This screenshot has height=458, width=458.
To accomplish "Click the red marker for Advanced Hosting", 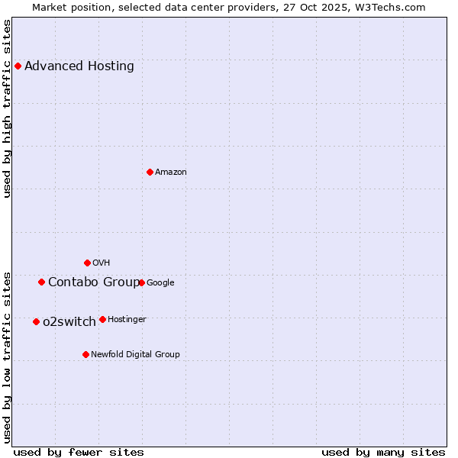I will click(18, 66).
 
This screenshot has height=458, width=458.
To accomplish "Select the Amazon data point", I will click(150, 172).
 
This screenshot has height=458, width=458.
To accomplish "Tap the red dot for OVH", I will click(87, 263).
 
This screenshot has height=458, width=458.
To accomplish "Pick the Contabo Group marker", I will click(41, 282).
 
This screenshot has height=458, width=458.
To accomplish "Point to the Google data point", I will click(141, 282).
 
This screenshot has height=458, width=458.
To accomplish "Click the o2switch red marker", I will click(36, 321).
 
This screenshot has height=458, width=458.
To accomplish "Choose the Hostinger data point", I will click(102, 319).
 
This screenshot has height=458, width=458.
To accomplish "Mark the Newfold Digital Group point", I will click(85, 354).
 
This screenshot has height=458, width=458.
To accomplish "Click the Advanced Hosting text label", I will click(79, 66).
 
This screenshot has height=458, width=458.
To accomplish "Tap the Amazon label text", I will click(171, 172).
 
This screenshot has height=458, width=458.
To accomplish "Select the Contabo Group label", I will click(94, 282).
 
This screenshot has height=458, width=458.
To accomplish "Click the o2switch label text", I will click(69, 321).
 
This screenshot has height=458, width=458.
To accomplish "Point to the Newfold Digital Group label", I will click(135, 354).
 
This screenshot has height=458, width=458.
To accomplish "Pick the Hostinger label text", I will click(127, 319).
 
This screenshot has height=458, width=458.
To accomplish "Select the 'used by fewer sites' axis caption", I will click(79, 452).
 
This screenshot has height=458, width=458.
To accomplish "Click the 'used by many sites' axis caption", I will click(383, 452).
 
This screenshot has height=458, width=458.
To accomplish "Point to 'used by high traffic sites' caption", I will click(7, 108).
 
